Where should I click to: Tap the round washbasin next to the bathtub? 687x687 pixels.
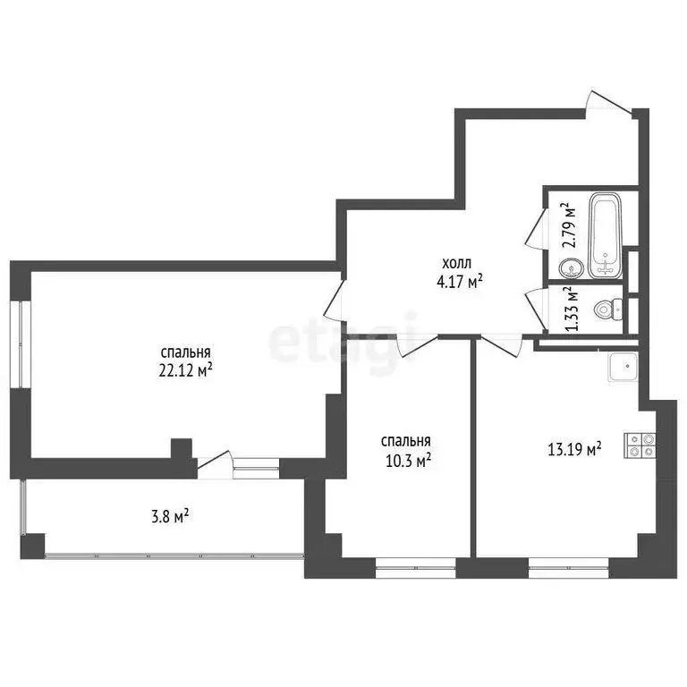coord(569,267)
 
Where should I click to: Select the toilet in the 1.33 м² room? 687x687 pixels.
coord(607,310)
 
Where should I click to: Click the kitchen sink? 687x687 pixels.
coord(622,364)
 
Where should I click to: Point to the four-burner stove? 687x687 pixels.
coord(640,445)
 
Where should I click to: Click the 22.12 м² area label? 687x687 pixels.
coord(187,370)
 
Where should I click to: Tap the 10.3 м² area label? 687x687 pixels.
coord(406,460)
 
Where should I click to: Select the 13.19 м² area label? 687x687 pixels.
coord(573,450)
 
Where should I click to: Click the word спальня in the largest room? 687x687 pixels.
coord(187,353)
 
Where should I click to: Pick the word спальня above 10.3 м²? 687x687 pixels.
coord(406,442)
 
